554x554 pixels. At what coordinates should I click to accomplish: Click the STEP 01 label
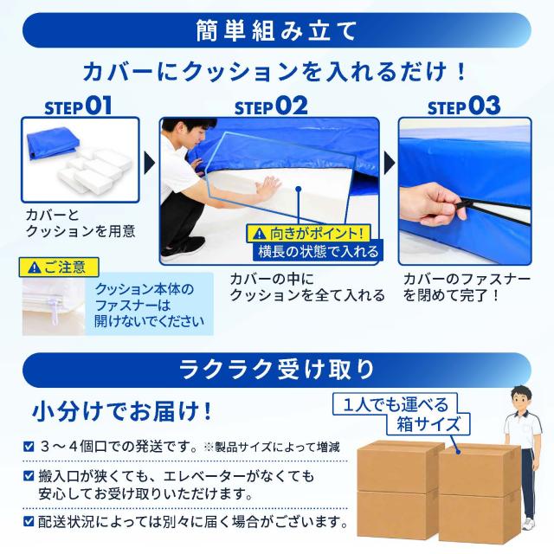[x=78, y=106]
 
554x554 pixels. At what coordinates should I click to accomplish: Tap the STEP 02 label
[x=271, y=106]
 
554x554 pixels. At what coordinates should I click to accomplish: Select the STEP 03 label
[x=464, y=106]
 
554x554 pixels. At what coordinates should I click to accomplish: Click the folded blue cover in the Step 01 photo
[x=52, y=142]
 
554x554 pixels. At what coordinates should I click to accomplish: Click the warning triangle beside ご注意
[x=35, y=267]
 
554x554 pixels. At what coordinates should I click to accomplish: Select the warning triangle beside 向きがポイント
[x=260, y=234]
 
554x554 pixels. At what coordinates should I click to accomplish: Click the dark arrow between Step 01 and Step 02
[x=149, y=163]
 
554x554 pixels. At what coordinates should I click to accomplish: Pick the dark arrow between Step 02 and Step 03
[x=390, y=163]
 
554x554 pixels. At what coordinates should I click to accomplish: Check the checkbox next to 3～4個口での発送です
[x=29, y=447]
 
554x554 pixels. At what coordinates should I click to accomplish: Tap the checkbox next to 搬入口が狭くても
[x=29, y=475]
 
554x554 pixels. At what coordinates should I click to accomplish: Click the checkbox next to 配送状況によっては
[x=29, y=521]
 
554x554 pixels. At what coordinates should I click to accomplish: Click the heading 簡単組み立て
[x=276, y=31]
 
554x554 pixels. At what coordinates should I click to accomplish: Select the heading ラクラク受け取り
[x=276, y=370]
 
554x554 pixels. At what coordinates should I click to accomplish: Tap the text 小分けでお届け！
[x=122, y=412]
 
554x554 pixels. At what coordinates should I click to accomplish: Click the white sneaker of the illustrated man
[x=527, y=524]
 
